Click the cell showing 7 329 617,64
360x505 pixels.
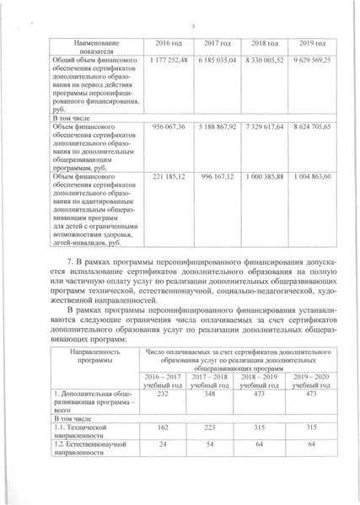(267, 126)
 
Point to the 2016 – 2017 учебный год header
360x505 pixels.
(164, 379)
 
